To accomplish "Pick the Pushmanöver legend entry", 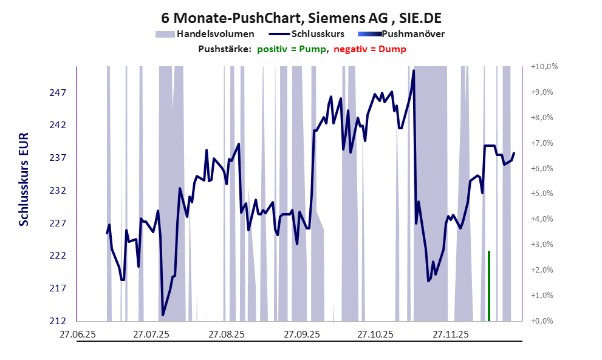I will (x=412, y=34).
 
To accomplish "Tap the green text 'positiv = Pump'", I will (x=291, y=49).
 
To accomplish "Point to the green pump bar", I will (x=488, y=285).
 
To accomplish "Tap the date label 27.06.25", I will (x=77, y=335).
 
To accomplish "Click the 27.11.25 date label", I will (x=450, y=335).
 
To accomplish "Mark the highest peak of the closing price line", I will (x=413, y=71).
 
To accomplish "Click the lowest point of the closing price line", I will (x=163, y=314).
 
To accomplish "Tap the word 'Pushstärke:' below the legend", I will (x=225, y=49).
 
